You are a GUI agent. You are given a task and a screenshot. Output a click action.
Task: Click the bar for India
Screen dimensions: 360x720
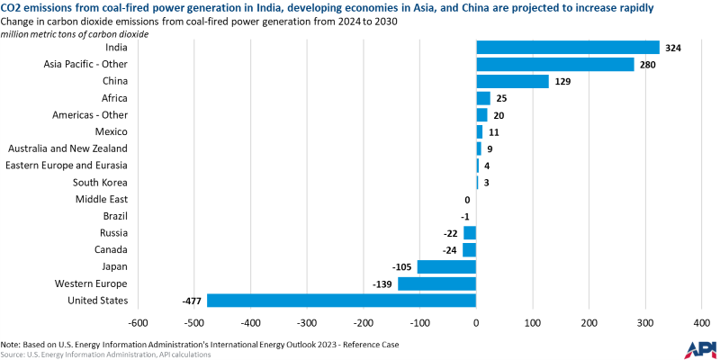pos(567,48)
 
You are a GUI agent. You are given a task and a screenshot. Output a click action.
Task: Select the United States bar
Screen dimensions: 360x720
pos(341,301)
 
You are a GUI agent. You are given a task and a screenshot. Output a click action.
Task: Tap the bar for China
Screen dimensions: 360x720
pos(512,81)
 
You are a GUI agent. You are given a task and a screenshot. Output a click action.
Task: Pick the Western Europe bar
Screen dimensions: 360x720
pos(436,283)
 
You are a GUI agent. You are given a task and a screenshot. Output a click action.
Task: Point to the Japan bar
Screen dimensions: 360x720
pos(446,266)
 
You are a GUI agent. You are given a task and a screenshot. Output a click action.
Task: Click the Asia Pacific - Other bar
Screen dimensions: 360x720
pos(554,64)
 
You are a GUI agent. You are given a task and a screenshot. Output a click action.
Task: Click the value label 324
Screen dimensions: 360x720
pos(673,48)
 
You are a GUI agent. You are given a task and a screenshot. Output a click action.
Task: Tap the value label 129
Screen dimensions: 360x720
pos(562,81)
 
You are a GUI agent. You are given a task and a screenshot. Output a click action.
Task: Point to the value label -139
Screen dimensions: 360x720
pos(383,283)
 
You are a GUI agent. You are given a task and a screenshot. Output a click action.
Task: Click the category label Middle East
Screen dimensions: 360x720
pos(101,199)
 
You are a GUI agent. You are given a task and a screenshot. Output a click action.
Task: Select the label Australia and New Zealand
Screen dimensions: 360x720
pos(67,148)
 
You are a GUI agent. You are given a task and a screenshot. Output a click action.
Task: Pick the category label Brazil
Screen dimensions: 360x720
pos(113,216)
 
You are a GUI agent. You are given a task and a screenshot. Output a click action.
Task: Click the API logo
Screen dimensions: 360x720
pos(700,348)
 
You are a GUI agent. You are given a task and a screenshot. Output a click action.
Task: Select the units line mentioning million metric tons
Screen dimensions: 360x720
pos(76,33)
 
